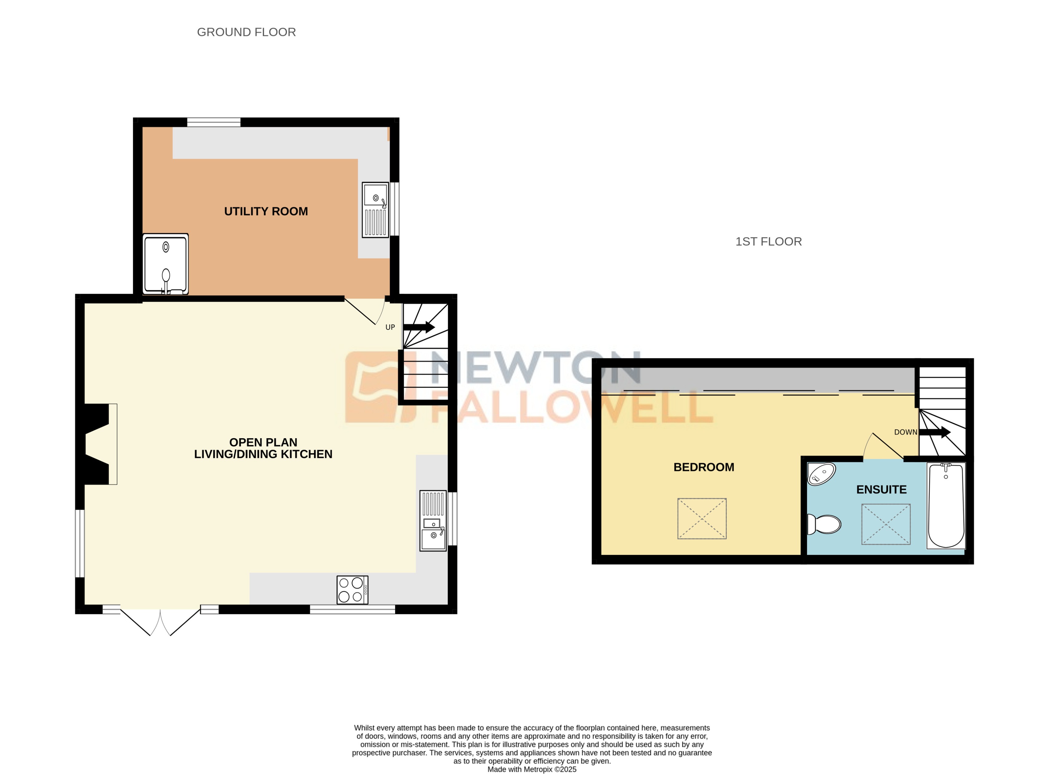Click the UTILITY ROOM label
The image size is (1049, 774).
(x=266, y=211)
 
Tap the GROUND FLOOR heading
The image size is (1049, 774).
(x=246, y=32)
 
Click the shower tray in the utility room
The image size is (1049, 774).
(x=165, y=264)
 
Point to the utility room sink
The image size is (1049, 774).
(x=375, y=210)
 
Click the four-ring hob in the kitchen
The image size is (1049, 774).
(x=352, y=589)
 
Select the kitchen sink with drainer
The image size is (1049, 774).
(x=433, y=521)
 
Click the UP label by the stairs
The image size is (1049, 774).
(x=390, y=327)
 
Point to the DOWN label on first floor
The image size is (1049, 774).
(x=905, y=432)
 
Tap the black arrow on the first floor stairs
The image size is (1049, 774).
(x=934, y=432)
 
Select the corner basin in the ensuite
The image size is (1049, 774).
(x=821, y=474)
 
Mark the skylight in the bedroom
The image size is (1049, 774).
(x=702, y=519)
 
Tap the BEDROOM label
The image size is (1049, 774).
(x=704, y=467)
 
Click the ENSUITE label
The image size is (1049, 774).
(x=881, y=490)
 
